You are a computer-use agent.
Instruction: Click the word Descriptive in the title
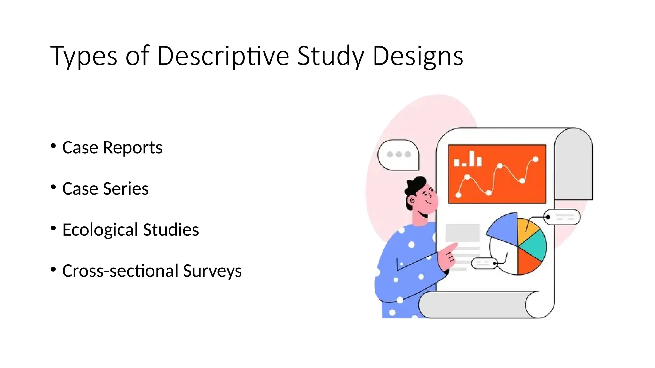(x=223, y=56)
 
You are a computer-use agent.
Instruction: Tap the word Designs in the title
(x=418, y=56)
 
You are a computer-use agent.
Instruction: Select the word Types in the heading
(x=83, y=56)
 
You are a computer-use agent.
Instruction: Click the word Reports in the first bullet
(x=132, y=148)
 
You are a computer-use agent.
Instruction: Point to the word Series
(x=126, y=188)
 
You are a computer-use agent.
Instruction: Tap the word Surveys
(x=212, y=271)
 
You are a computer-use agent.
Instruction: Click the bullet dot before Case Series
(x=53, y=187)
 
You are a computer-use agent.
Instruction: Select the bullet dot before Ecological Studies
(x=53, y=228)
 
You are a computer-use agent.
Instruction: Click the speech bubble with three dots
(x=399, y=155)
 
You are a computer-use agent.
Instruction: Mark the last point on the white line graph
(x=535, y=159)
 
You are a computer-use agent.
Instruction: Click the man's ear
(x=412, y=201)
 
